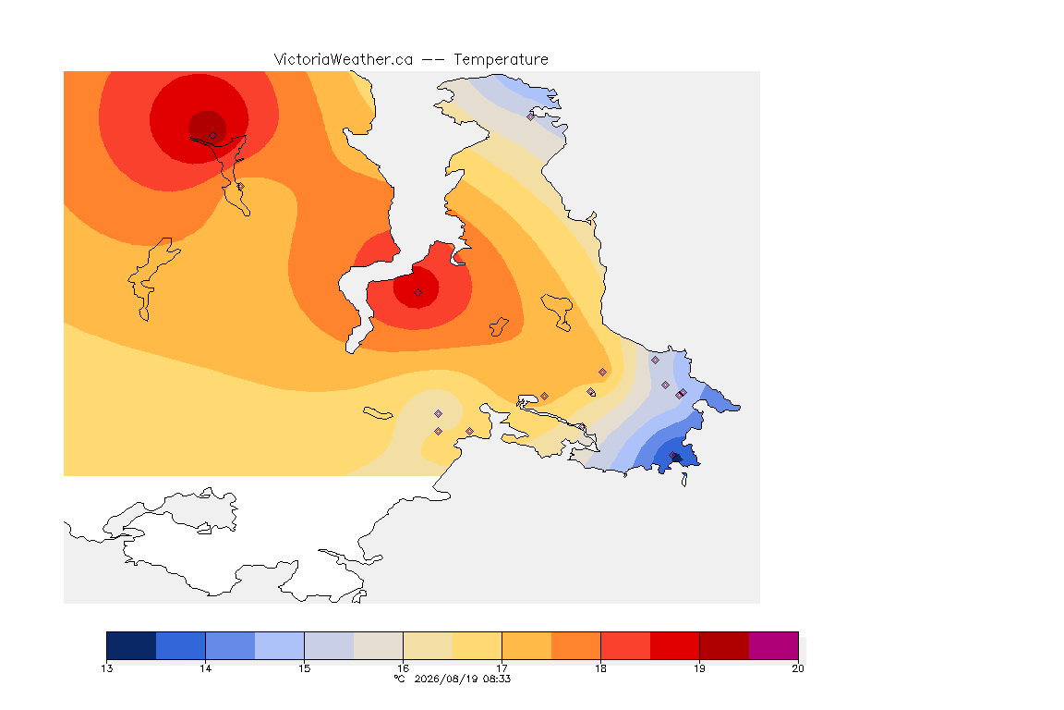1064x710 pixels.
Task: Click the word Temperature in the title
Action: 501,60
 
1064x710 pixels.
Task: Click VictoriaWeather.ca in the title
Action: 344,60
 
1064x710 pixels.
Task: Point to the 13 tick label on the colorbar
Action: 107,668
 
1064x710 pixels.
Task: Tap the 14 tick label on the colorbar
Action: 206,668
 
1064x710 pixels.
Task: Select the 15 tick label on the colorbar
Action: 304,668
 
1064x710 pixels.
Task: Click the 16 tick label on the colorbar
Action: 403,668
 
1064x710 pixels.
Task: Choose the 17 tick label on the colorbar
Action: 502,668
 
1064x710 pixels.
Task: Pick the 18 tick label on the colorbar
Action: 600,668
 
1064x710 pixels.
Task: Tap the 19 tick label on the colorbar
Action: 699,668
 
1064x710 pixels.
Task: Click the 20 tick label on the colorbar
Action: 798,668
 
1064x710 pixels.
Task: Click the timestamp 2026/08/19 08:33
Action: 462,679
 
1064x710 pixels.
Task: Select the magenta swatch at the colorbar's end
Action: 774,645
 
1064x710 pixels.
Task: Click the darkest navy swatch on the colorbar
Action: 132,645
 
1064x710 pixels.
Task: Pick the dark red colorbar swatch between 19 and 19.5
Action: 724,645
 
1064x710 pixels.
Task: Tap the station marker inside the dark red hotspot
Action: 213,136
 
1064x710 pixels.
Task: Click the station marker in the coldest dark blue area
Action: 673,455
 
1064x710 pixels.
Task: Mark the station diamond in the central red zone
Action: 418,293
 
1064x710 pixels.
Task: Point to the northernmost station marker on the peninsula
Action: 531,116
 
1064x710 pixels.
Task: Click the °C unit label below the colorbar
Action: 400,679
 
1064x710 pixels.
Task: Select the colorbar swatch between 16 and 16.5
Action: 429,645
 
